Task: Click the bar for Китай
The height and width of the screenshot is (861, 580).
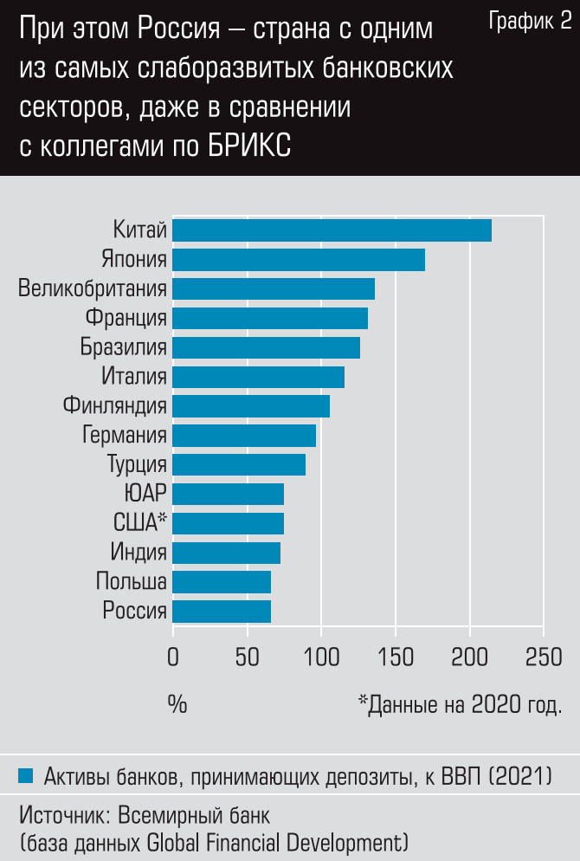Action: [x=332, y=230]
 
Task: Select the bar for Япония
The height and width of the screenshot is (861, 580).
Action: [x=299, y=260]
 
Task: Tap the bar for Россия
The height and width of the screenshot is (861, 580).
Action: [x=222, y=612]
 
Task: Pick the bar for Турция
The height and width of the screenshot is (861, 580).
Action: [x=239, y=464]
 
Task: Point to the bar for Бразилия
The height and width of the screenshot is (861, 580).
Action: [x=266, y=347]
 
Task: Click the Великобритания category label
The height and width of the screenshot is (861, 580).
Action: [x=93, y=288]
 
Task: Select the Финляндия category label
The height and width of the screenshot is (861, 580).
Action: [x=114, y=405]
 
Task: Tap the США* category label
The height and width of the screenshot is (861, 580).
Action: [x=139, y=522]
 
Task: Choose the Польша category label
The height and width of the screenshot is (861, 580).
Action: [x=132, y=581]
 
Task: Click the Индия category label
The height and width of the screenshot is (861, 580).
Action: [x=139, y=552]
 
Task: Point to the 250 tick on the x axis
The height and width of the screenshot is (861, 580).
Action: [x=544, y=655]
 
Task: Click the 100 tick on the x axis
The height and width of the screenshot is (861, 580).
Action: [x=321, y=655]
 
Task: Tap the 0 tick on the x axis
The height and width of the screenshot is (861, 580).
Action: [x=173, y=655]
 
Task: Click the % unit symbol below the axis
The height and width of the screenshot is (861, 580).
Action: [x=177, y=704]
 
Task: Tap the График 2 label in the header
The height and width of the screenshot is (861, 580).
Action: [x=530, y=23]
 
